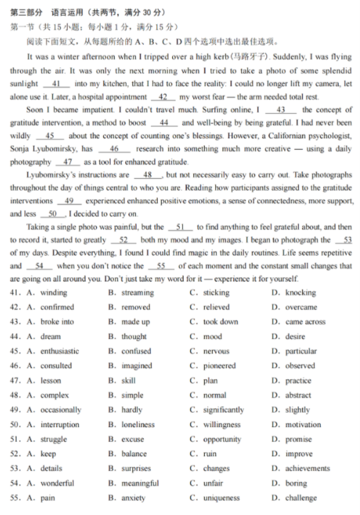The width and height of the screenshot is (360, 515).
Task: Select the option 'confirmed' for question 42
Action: point(57,307)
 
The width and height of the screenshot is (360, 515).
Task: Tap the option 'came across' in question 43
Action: point(305,322)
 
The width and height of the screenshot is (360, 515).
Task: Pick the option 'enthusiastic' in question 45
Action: point(60,351)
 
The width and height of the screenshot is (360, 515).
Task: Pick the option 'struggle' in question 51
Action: point(54,439)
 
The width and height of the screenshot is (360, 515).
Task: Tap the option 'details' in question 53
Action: point(51,468)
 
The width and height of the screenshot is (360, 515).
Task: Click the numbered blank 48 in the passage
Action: point(147,175)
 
